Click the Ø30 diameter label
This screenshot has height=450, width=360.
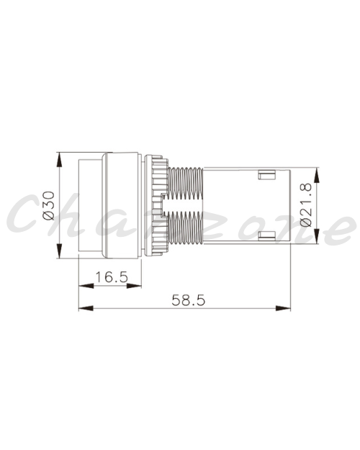click(x=49, y=205)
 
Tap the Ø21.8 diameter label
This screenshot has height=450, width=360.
click(x=305, y=205)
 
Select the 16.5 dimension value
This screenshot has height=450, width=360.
click(x=111, y=277)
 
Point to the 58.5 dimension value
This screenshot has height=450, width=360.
click(x=189, y=300)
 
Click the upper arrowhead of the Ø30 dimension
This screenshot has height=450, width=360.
click(x=59, y=160)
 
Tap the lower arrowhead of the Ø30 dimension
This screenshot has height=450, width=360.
click(x=59, y=251)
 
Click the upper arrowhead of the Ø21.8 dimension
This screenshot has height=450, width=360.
click(x=316, y=175)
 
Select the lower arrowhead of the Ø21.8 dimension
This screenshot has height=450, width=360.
click(x=316, y=236)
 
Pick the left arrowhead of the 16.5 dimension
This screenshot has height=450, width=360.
click(x=86, y=286)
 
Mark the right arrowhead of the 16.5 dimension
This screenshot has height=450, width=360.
click(x=134, y=286)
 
